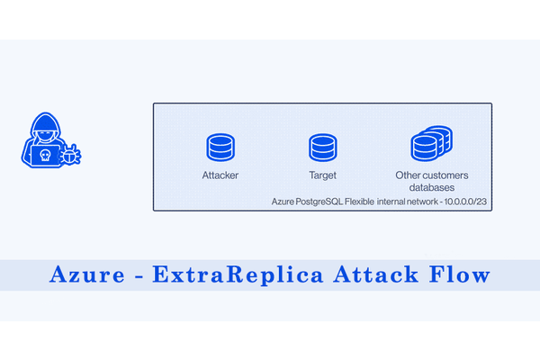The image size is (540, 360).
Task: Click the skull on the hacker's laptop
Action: [42, 154]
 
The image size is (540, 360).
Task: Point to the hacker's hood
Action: [43, 125]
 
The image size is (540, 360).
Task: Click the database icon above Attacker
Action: [220, 147]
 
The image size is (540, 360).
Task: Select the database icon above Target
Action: [321, 147]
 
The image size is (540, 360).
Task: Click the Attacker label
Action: [220, 175]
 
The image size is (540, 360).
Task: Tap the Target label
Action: [321, 175]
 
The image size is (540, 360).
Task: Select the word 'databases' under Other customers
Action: [430, 187]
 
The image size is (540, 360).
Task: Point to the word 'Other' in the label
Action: [408, 175]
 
